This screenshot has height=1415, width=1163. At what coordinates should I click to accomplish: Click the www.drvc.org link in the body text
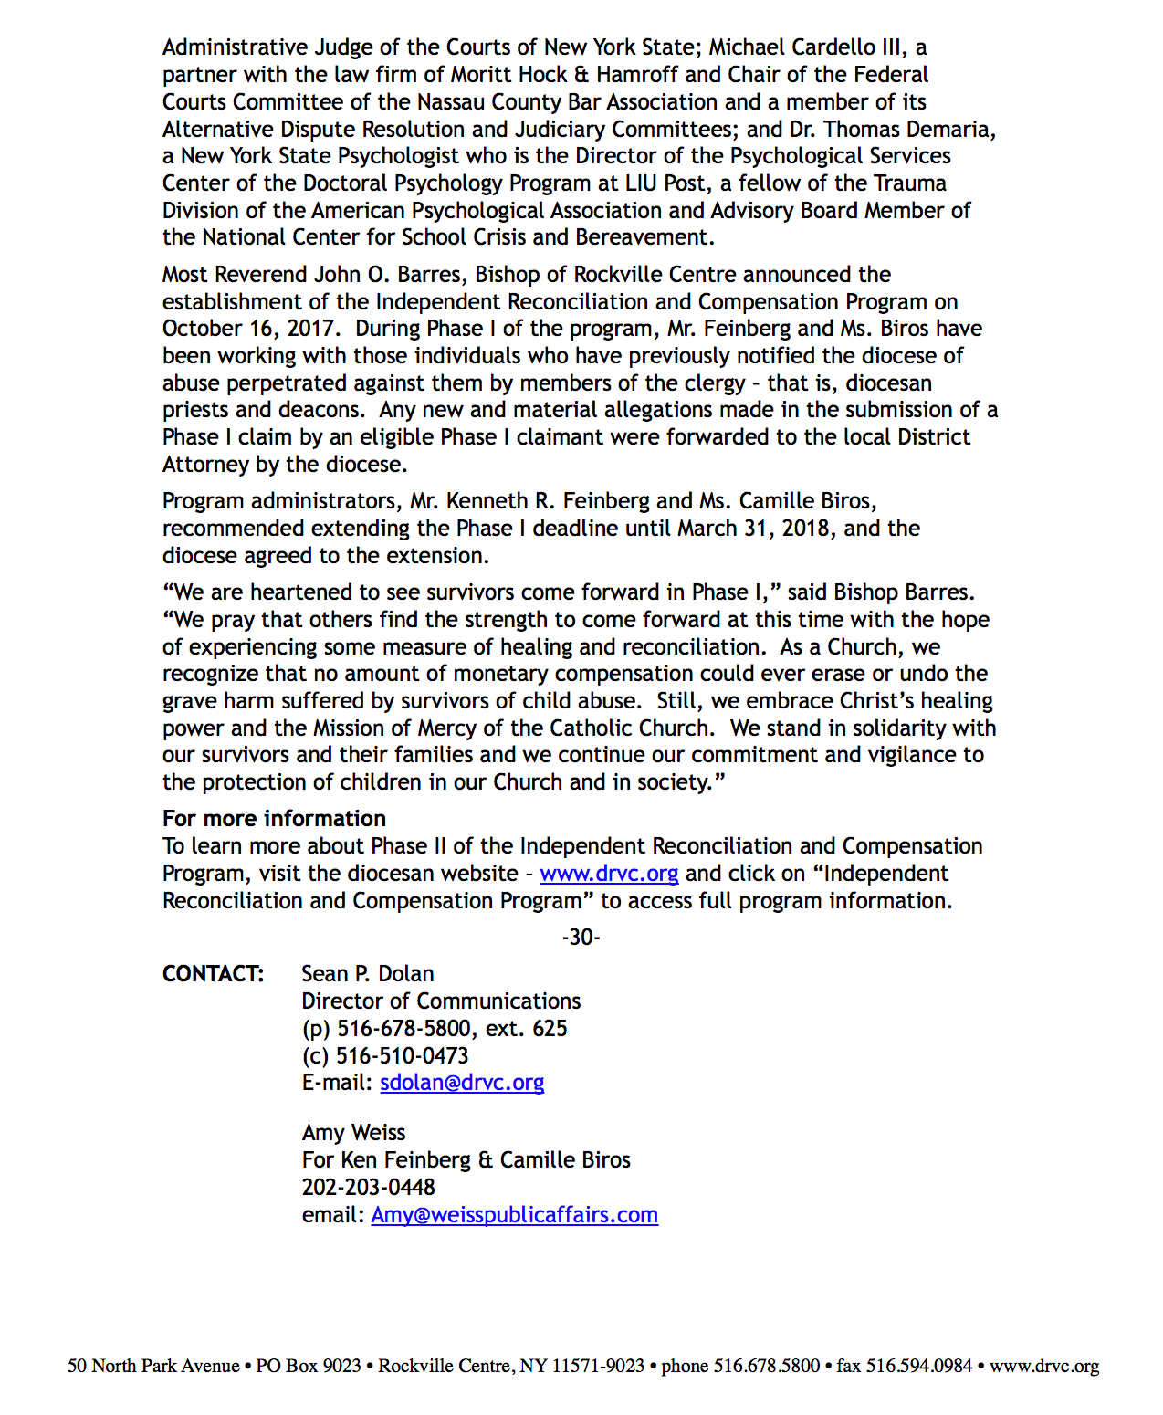tap(609, 874)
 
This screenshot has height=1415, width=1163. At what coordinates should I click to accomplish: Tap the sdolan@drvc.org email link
tap(462, 1083)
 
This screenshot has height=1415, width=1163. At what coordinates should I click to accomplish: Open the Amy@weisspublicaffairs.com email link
tap(514, 1215)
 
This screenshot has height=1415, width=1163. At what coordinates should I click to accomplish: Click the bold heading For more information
tap(274, 819)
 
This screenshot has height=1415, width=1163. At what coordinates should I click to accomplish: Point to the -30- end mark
tap(581, 938)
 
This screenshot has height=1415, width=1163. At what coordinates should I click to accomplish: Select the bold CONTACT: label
tap(213, 974)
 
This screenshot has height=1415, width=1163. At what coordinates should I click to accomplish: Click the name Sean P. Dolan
tap(368, 974)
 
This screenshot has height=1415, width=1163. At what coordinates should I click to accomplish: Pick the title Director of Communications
tap(441, 1001)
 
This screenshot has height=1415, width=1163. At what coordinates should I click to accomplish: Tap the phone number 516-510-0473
tap(402, 1056)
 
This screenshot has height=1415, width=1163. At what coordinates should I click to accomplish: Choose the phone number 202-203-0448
tap(368, 1188)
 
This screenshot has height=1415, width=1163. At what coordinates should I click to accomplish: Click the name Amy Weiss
tap(353, 1133)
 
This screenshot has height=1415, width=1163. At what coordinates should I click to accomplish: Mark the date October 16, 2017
tap(246, 329)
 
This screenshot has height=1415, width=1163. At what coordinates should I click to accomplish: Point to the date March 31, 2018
tap(754, 529)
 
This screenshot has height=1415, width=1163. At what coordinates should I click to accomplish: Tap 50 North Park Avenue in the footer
tap(152, 1367)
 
